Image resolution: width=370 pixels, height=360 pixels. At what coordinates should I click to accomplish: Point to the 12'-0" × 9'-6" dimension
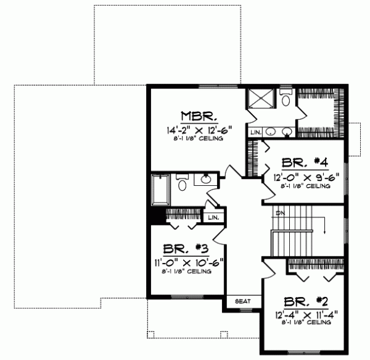coord(306,176)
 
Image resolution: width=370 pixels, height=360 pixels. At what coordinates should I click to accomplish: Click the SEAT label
coord(242,302)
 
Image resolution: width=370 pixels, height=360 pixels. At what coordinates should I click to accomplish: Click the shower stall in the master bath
coord(260,101)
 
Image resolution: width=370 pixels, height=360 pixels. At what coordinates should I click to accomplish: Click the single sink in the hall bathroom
coord(206,180)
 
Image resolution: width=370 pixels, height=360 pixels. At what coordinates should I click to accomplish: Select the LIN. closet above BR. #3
coord(213,218)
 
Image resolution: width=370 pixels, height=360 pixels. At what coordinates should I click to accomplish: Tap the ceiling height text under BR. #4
coord(306,185)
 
